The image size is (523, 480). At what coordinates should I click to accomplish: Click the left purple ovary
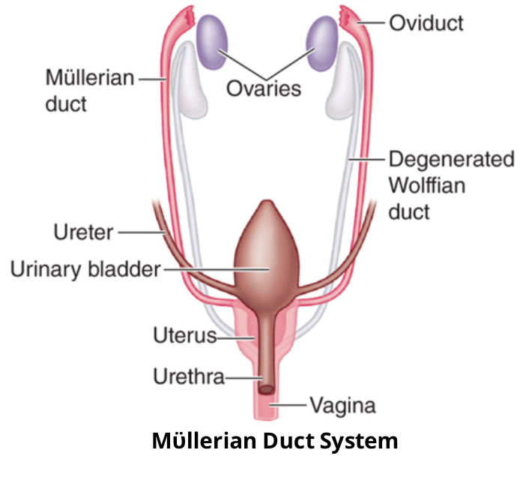point(212,42)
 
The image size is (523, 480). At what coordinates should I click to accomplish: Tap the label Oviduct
point(426,23)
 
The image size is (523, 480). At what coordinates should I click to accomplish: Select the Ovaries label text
point(264,88)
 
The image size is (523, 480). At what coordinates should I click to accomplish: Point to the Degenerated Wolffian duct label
point(451,184)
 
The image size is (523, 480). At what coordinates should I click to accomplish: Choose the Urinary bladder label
point(85,269)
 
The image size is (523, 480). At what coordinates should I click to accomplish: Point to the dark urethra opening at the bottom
point(267,389)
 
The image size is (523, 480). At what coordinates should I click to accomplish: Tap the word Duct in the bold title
point(288,440)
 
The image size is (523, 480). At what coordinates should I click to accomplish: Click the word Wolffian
point(426,184)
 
